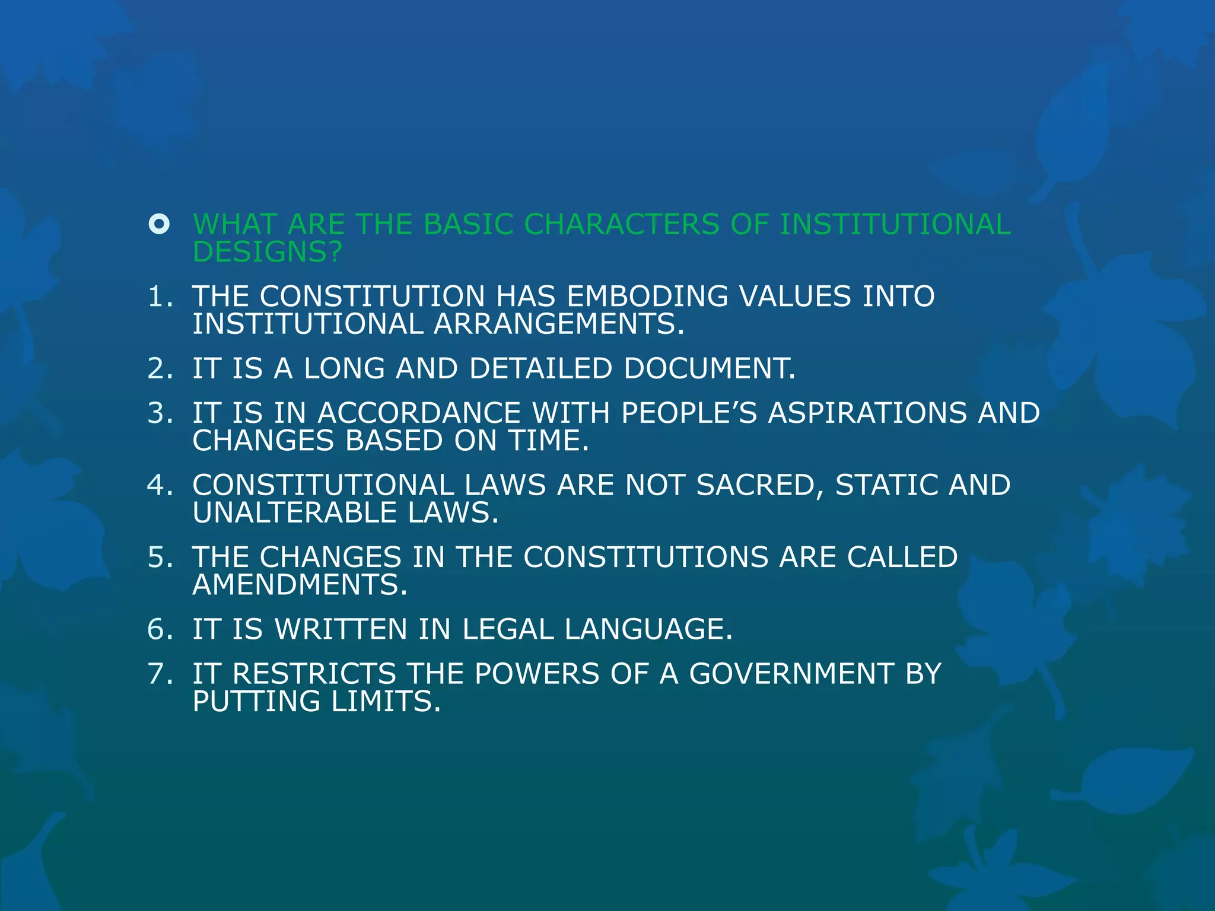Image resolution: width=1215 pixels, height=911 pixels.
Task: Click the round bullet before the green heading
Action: (159, 224)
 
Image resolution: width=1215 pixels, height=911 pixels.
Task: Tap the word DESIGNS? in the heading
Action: (268, 252)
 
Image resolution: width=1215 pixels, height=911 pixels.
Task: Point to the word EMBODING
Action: (647, 297)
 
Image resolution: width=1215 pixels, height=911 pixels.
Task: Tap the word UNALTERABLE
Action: (294, 512)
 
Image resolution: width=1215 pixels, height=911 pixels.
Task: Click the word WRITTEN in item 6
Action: (341, 629)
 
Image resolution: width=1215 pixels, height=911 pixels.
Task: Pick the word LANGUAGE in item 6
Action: (648, 629)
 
